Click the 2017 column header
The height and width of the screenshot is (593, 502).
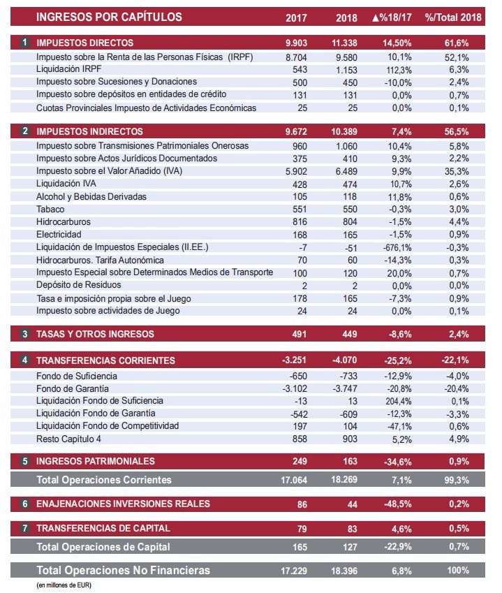point(297,17)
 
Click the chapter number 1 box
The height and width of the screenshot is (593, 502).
point(25,43)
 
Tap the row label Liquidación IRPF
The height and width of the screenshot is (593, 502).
point(68,69)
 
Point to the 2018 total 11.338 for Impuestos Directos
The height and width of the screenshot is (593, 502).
point(345,43)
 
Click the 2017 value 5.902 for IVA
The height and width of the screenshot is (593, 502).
point(297,171)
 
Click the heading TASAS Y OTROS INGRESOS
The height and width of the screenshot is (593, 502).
point(95,335)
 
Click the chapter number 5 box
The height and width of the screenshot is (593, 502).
point(25,462)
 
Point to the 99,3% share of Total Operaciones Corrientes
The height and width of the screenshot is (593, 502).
point(457,480)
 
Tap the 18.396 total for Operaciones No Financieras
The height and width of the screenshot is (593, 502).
point(345,571)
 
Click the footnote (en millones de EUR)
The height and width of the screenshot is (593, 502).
point(64,585)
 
